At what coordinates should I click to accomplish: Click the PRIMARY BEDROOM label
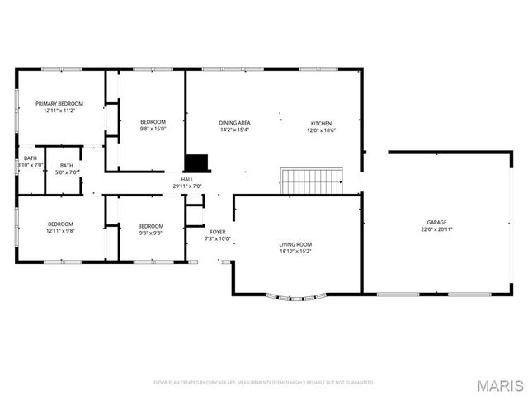pos(59,104)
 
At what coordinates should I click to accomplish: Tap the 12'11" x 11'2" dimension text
pos(59,111)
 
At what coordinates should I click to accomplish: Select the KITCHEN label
pos(321,123)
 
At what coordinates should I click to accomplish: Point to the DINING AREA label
pos(234,123)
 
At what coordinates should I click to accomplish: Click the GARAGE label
pos(436,223)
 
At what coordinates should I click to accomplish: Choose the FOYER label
pos(218,233)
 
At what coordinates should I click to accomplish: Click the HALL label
pos(187,179)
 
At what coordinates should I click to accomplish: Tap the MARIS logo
pos(500,385)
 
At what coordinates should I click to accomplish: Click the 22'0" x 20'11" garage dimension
pos(436,229)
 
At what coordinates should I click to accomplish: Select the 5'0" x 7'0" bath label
pos(66,172)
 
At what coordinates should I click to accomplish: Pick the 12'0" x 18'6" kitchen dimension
pos(321,130)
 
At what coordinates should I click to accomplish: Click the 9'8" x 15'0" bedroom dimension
pos(153,129)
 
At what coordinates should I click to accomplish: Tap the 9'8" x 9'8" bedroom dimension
pos(150,233)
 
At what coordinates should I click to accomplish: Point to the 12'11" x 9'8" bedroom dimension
pos(59,231)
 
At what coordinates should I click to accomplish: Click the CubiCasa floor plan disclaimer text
pos(264,383)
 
